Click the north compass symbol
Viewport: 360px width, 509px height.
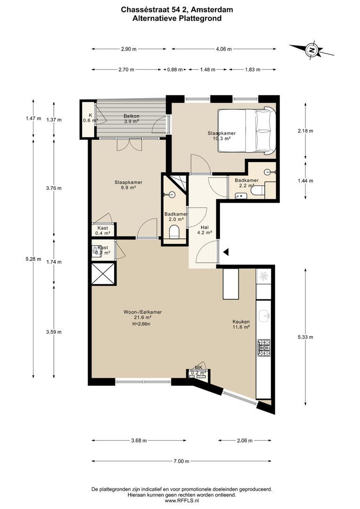[x=312, y=50]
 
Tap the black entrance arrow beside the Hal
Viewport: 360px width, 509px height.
[x=226, y=252]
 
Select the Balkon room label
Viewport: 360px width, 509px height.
[x=131, y=116]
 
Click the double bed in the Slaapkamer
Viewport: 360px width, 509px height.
[x=247, y=130]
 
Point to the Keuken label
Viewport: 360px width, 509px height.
[x=241, y=322]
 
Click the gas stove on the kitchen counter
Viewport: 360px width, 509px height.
[x=263, y=348]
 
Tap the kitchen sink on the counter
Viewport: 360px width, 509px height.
[x=264, y=315]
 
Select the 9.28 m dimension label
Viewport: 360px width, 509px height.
[x=33, y=259]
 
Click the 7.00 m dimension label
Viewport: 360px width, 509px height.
[x=181, y=461]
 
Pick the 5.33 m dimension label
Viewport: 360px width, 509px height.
[x=305, y=337]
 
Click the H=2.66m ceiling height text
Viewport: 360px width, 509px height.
[x=141, y=324]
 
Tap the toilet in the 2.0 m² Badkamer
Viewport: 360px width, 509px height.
[x=174, y=232]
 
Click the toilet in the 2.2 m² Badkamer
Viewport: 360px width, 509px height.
[x=258, y=190]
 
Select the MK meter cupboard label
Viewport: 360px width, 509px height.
[x=198, y=368]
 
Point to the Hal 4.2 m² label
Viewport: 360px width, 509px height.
[x=205, y=230]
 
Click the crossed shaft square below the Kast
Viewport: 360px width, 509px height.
[x=103, y=274]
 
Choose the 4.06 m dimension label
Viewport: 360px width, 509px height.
[x=224, y=49]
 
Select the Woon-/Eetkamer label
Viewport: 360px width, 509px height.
[x=142, y=312]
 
